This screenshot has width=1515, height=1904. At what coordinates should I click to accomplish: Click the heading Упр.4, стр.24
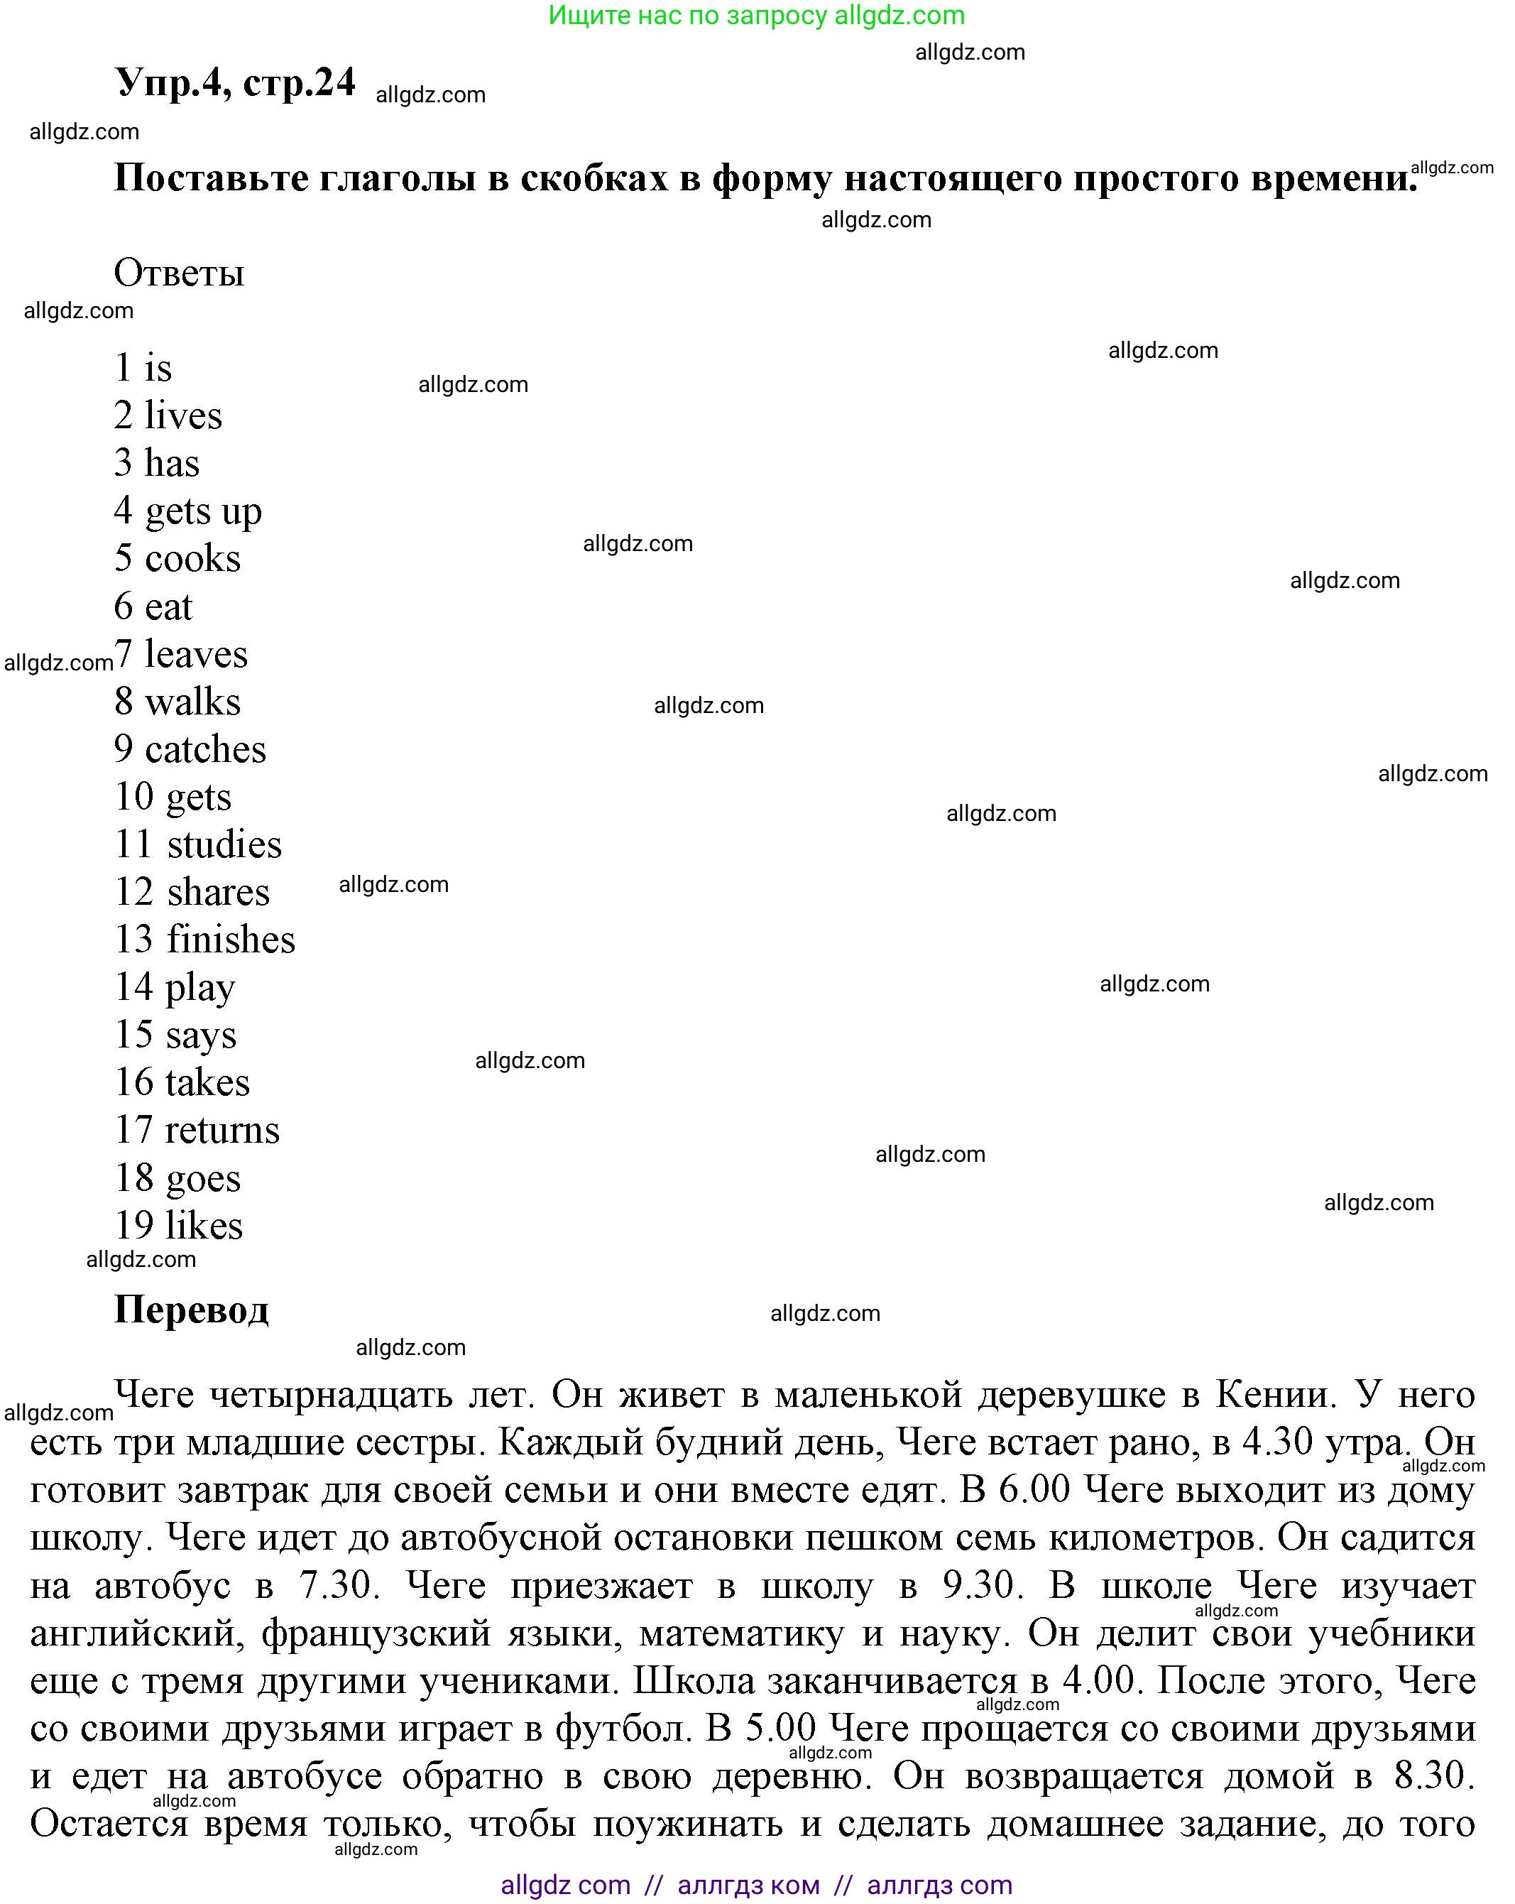pyautogui.click(x=235, y=83)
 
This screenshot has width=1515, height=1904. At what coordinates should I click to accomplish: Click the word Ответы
pyautogui.click(x=178, y=273)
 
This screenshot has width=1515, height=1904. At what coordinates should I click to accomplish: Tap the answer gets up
pyautogui.click(x=203, y=511)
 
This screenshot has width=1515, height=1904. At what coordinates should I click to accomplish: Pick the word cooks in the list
pyautogui.click(x=192, y=559)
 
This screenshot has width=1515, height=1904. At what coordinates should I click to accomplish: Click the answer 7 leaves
pyautogui.click(x=181, y=654)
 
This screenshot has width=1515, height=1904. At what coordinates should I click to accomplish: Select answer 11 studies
pyautogui.click(x=198, y=845)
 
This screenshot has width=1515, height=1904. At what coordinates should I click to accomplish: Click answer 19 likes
pyautogui.click(x=178, y=1226)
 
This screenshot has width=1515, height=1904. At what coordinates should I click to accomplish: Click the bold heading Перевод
pyautogui.click(x=191, y=1310)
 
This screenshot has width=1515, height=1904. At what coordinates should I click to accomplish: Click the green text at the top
pyautogui.click(x=757, y=15)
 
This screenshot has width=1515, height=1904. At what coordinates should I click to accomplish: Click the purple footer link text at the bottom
pyautogui.click(x=757, y=1885)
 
